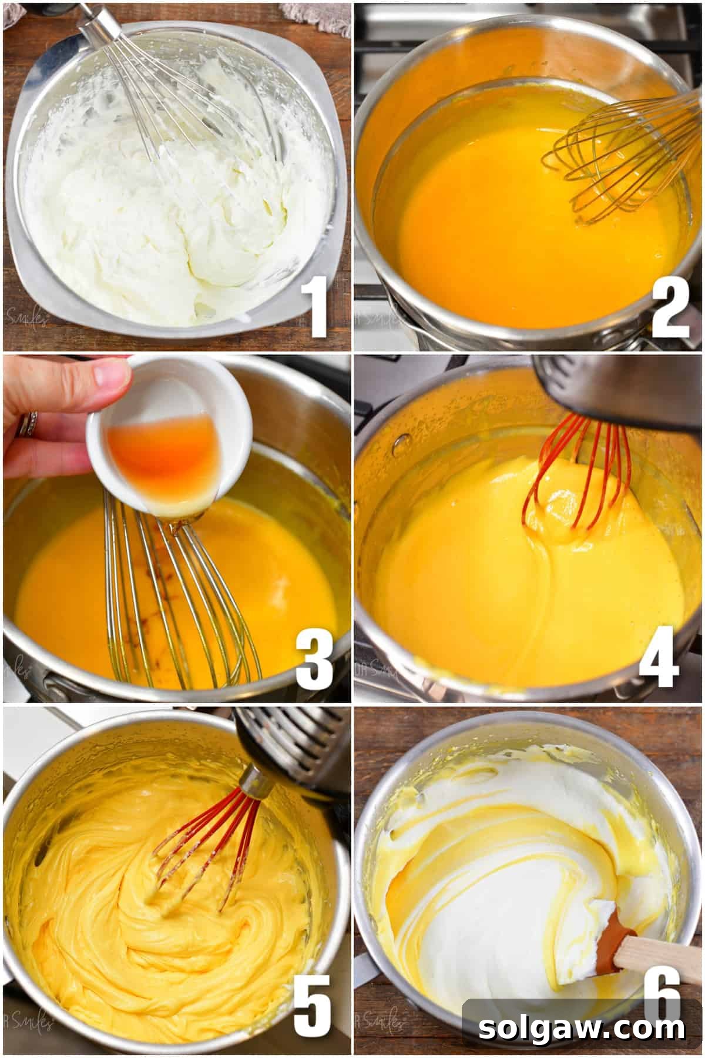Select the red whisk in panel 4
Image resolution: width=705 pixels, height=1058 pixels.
pyautogui.click(x=579, y=470)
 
